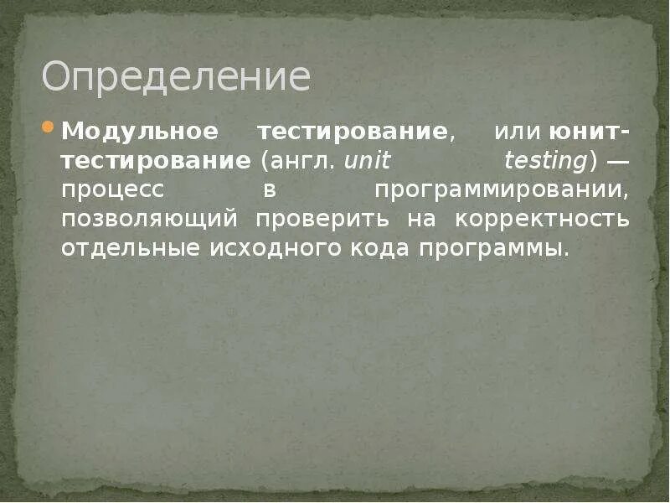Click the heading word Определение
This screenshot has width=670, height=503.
point(176,77)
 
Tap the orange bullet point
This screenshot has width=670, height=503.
point(47,129)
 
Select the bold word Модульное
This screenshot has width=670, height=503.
point(140,132)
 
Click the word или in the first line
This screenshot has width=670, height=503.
point(518,132)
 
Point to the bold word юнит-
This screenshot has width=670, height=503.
point(590,132)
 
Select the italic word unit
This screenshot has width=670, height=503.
point(367,161)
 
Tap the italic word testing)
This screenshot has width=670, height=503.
point(549,161)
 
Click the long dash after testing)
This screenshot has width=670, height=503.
point(617,161)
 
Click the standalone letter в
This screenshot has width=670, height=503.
point(270,190)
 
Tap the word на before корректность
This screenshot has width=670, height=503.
point(422,220)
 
